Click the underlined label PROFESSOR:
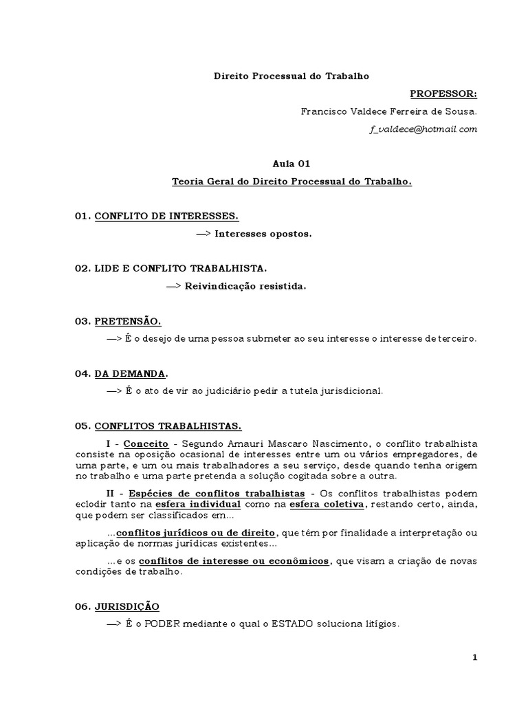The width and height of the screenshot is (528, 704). pyautogui.click(x=443, y=93)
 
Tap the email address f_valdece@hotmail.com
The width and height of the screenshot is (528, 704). pyautogui.click(x=423, y=129)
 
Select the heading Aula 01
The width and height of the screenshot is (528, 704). pyautogui.click(x=291, y=164)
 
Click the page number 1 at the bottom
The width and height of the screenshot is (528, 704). pyautogui.click(x=474, y=657)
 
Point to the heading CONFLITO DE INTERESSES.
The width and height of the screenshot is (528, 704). pyautogui.click(x=166, y=217)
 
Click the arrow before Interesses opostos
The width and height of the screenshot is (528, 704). pyautogui.click(x=203, y=234)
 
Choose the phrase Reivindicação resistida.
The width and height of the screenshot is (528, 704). pyautogui.click(x=245, y=286)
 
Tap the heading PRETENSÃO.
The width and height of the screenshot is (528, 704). pyautogui.click(x=128, y=321)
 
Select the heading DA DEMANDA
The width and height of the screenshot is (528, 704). pyautogui.click(x=130, y=373)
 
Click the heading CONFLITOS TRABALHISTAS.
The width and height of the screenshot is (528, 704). pyautogui.click(x=168, y=426)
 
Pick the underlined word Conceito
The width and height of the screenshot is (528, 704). pyautogui.click(x=146, y=443)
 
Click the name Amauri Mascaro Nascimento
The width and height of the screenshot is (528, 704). pyautogui.click(x=302, y=443)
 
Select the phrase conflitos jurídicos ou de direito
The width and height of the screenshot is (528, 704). pyautogui.click(x=196, y=533)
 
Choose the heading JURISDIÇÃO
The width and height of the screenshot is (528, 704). pyautogui.click(x=126, y=606)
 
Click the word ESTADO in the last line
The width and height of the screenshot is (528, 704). pyautogui.click(x=283, y=624)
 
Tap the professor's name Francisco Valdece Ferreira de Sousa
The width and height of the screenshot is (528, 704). pyautogui.click(x=388, y=111)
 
